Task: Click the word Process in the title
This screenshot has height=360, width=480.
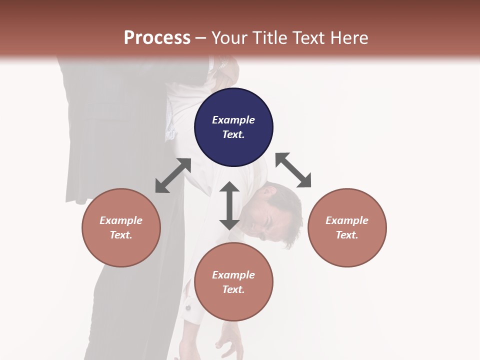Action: pyautogui.click(x=157, y=38)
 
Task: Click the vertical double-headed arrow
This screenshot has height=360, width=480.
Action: pyautogui.click(x=229, y=205)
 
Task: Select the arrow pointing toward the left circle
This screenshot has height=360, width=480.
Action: pyautogui.click(x=173, y=175)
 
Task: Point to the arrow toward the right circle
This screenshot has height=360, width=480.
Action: pyautogui.click(x=293, y=170)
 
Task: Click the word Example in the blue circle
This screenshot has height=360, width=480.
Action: pyautogui.click(x=233, y=120)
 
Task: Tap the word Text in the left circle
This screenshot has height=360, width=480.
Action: pyautogui.click(x=121, y=235)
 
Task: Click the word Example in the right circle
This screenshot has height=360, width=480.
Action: pyautogui.click(x=347, y=220)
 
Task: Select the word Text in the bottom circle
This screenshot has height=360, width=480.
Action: pyautogui.click(x=233, y=289)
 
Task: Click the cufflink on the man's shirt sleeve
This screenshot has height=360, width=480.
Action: pyautogui.click(x=189, y=307)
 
